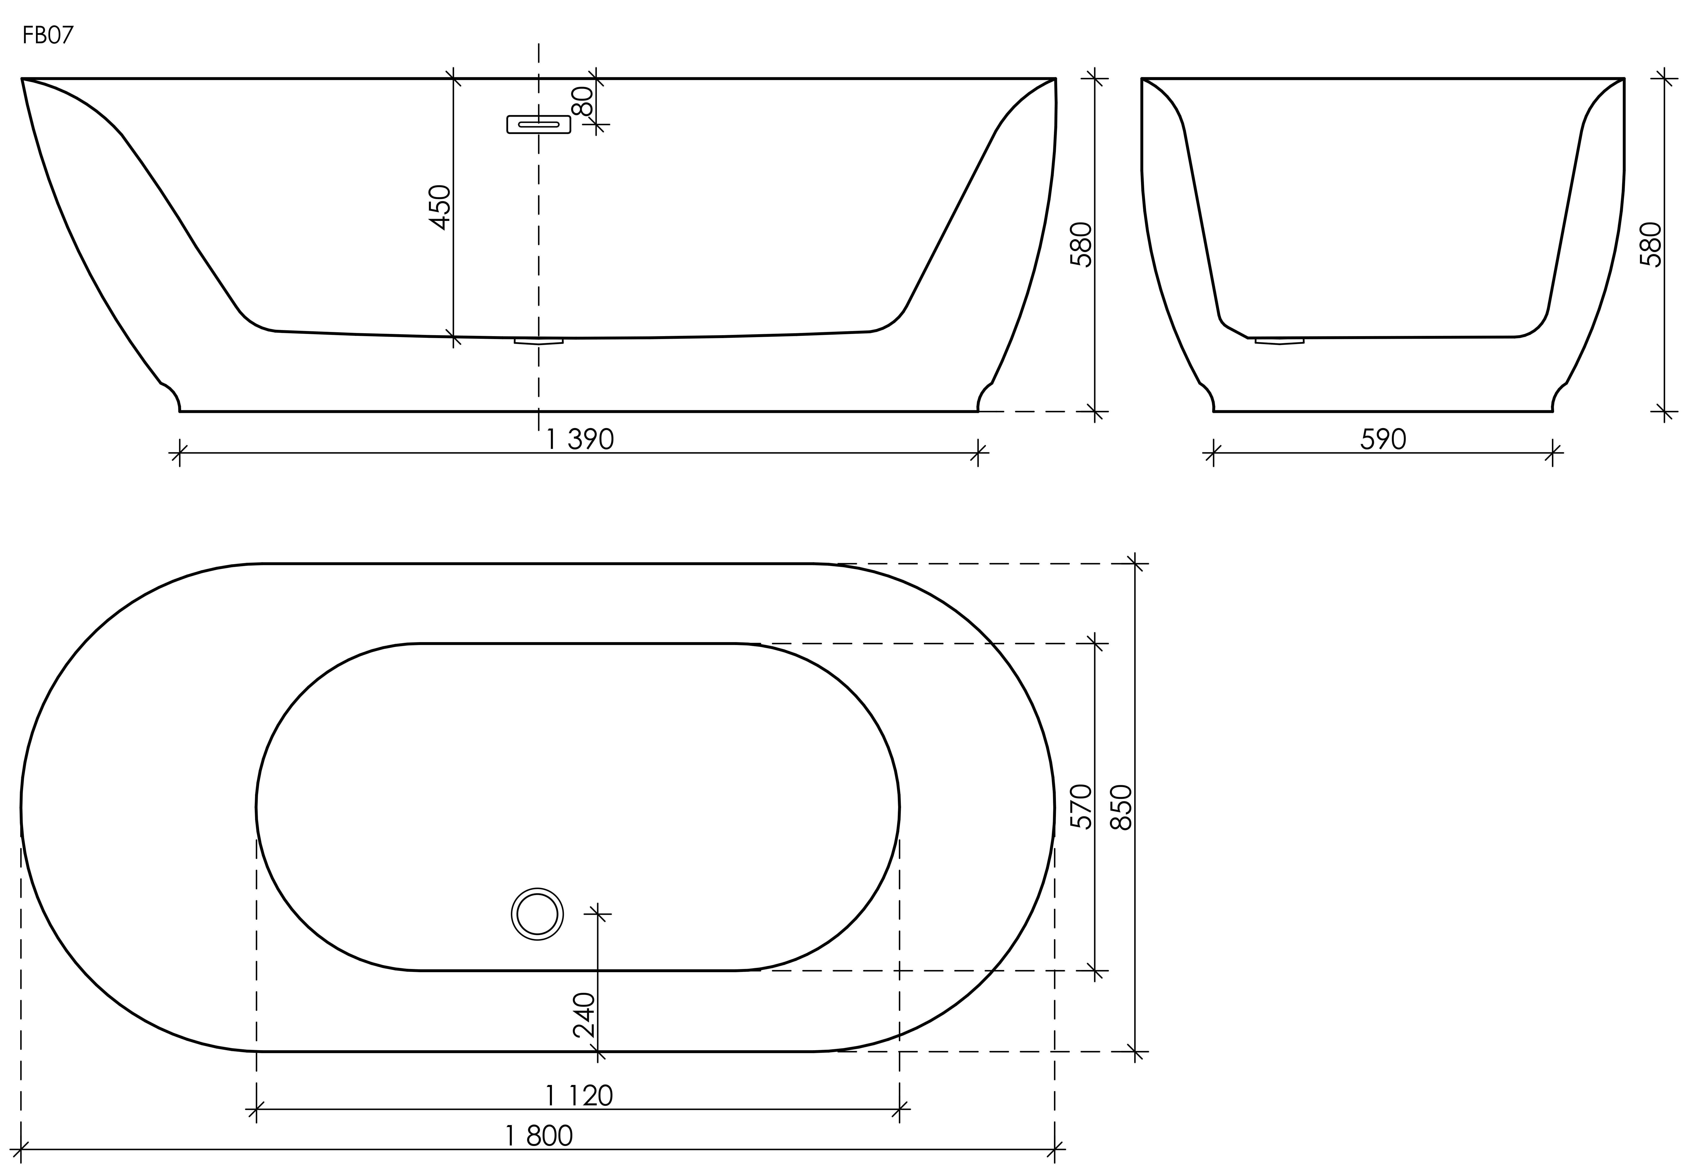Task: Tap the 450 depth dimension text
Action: coord(440,208)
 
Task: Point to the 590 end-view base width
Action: coord(1383,439)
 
